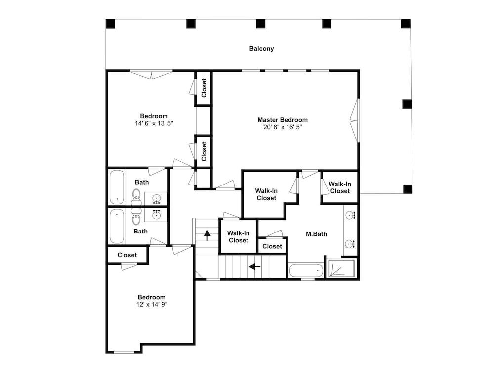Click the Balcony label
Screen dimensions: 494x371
[x=261, y=49]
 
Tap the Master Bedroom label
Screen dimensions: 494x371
[x=283, y=120]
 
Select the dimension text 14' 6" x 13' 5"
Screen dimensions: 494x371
[x=154, y=123]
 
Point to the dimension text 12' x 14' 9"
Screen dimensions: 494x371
[x=152, y=304]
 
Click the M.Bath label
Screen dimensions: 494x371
[x=316, y=234]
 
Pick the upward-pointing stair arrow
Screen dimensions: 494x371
[x=207, y=235]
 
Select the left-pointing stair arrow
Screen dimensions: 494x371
[x=254, y=267]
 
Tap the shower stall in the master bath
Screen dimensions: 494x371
[x=341, y=269]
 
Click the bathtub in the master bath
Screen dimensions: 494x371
[x=306, y=271]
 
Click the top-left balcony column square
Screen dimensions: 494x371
[x=110, y=24]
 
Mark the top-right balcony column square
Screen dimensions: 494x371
[x=406, y=24]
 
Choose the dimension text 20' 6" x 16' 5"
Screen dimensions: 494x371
[x=283, y=127]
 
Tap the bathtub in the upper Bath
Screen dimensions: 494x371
[x=117, y=187]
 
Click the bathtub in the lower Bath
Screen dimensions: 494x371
[x=117, y=226]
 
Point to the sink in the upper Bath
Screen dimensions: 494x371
[x=156, y=198]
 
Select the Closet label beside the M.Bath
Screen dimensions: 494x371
[x=272, y=246]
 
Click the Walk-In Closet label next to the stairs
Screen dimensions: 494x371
[x=238, y=237]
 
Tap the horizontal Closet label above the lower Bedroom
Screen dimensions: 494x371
[x=127, y=255]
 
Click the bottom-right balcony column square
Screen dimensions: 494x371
[x=408, y=189]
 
